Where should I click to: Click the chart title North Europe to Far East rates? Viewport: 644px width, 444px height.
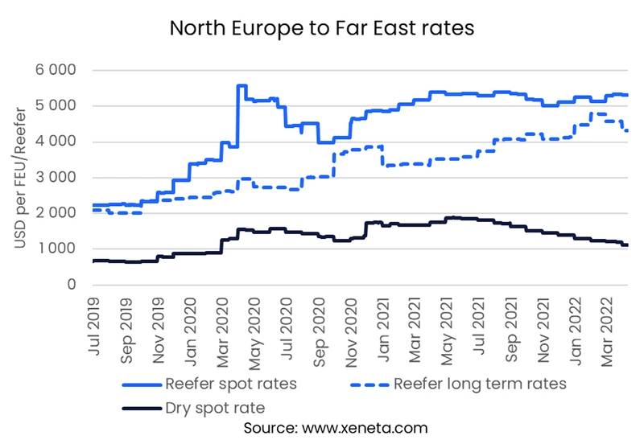pyautogui.click(x=322, y=28)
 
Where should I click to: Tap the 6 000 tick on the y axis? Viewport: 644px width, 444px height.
pyautogui.click(x=56, y=70)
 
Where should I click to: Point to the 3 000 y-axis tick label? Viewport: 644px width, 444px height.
pyautogui.click(x=56, y=177)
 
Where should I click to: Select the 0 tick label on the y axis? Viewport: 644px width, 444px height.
pyautogui.click(x=72, y=285)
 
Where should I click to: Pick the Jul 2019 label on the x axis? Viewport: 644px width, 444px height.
pyautogui.click(x=94, y=327)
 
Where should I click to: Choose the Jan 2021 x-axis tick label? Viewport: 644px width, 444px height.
pyautogui.click(x=383, y=330)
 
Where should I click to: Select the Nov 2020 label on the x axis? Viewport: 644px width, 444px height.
pyautogui.click(x=351, y=332)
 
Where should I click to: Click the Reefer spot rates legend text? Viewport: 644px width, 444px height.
pyautogui.click(x=231, y=384)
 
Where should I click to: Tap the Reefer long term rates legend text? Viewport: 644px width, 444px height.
pyautogui.click(x=480, y=384)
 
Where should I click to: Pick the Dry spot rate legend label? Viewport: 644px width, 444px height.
pyautogui.click(x=215, y=408)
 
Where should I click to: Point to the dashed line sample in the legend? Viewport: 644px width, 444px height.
pyautogui.click(x=369, y=385)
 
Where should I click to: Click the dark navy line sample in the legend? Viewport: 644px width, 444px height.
pyautogui.click(x=142, y=409)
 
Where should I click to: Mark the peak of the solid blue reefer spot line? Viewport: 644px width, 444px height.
pyautogui.click(x=242, y=85)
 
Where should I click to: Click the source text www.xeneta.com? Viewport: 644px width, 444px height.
pyautogui.click(x=365, y=428)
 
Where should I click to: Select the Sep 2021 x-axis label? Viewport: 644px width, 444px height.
pyautogui.click(x=511, y=330)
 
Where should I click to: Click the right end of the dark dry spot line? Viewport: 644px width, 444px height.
pyautogui.click(x=628, y=245)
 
